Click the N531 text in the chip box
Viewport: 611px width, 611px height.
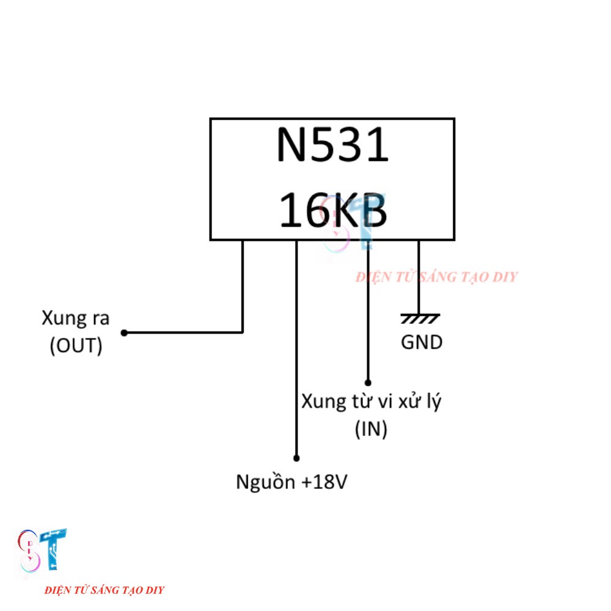click(332, 145)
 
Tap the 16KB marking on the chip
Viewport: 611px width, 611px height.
click(333, 210)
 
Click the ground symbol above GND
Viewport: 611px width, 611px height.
click(420, 318)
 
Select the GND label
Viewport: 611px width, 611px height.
click(422, 343)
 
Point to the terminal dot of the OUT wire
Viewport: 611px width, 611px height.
click(124, 333)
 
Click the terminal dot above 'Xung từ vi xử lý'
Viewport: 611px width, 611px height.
click(368, 382)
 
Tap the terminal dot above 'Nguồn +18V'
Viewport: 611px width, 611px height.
click(296, 458)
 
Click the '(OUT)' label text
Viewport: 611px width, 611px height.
click(76, 346)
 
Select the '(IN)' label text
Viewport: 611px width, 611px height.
click(371, 429)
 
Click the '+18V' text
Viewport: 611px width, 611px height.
click(324, 482)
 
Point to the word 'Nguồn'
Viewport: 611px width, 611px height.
click(266, 481)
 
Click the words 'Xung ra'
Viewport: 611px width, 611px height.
click(76, 318)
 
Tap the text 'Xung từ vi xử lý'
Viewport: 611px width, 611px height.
click(371, 401)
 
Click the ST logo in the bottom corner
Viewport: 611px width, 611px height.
click(42, 551)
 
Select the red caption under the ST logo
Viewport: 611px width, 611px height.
click(104, 590)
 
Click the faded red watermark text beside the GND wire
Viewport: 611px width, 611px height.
click(436, 277)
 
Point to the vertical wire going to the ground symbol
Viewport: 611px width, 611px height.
click(419, 277)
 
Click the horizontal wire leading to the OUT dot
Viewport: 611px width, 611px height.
click(183, 333)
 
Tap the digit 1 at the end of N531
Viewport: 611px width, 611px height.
click(378, 145)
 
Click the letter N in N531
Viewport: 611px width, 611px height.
click(291, 145)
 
